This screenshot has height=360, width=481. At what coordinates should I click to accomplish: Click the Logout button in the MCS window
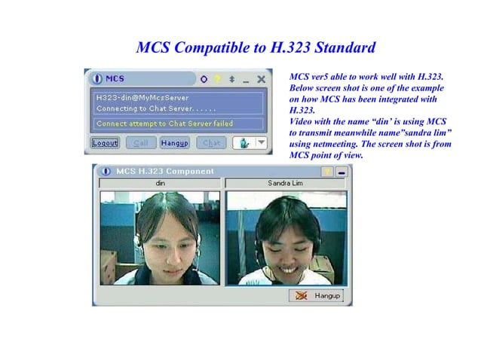[x=106, y=142]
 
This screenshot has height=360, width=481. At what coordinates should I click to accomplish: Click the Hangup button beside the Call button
[x=174, y=142]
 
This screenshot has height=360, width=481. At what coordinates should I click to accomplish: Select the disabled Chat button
[x=211, y=142]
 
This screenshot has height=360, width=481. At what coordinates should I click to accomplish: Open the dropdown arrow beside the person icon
[x=261, y=142]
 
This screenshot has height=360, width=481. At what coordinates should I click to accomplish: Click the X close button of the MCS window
[x=261, y=79]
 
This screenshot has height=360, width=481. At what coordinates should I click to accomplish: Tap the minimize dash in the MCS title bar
[x=247, y=79]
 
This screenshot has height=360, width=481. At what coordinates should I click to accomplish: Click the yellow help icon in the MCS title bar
[x=217, y=79]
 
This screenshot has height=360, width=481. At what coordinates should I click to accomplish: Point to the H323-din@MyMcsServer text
[x=142, y=98]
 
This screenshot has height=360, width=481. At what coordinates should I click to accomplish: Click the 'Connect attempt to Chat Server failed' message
[x=164, y=124]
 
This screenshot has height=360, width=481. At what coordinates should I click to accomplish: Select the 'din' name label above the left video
[x=160, y=183]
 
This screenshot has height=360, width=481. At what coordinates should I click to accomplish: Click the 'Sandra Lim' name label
[x=285, y=183]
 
